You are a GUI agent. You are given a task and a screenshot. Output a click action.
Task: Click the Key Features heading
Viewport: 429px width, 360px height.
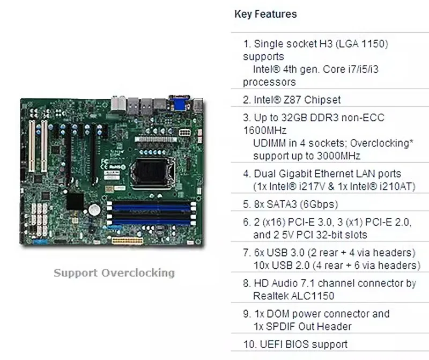click(x=265, y=14)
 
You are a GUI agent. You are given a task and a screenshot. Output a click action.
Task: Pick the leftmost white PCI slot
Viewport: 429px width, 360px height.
click(x=32, y=145)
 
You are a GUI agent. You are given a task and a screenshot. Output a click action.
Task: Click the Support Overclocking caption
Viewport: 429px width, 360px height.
click(x=114, y=273)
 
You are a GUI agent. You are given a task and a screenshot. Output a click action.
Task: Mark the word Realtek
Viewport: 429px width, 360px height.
click(x=273, y=296)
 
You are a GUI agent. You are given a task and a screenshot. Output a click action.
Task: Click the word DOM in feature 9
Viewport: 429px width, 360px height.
click(x=276, y=313)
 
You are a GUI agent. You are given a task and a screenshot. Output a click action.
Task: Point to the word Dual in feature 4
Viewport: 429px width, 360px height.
click(x=265, y=174)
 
